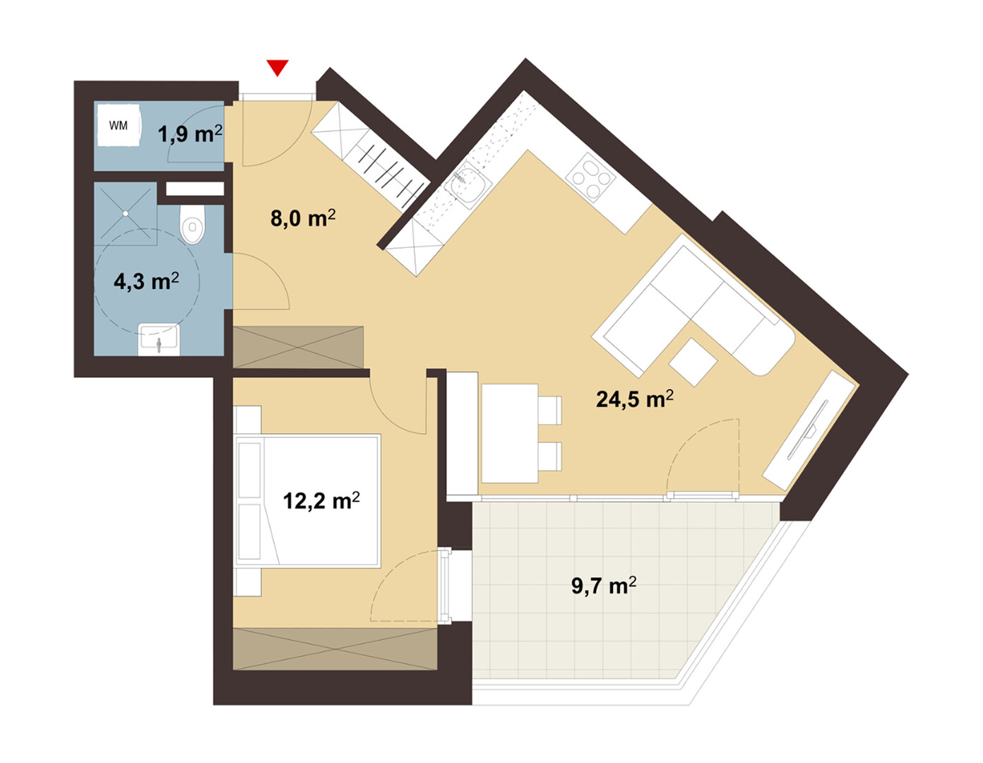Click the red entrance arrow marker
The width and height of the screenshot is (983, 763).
tap(278, 68)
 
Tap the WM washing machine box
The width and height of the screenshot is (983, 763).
tap(119, 125)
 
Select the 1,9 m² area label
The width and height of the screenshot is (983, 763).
tap(190, 134)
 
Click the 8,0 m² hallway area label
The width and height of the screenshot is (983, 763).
tap(303, 218)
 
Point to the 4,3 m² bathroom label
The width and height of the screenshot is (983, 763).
tap(146, 281)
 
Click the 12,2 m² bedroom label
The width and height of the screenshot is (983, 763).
tap(321, 501)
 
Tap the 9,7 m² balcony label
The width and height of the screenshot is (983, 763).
tap(604, 586)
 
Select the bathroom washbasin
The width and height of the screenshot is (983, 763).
tap(158, 339)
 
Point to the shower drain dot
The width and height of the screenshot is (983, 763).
tap(125, 213)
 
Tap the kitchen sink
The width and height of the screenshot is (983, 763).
tap(467, 184)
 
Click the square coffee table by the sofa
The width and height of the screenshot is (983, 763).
tap(693, 362)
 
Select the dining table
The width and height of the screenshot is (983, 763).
tap(509, 434)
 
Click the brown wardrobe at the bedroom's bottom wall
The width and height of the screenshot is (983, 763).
tap(335, 649)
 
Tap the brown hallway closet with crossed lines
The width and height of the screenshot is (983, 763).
tap(298, 347)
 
